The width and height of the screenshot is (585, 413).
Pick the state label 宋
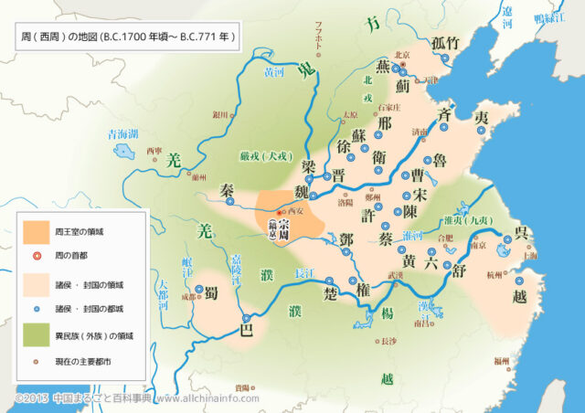point(420,195)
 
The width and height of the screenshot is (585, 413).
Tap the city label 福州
point(501,361)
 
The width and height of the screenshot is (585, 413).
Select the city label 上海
point(526,256)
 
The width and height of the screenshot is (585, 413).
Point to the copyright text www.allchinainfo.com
point(202,399)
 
